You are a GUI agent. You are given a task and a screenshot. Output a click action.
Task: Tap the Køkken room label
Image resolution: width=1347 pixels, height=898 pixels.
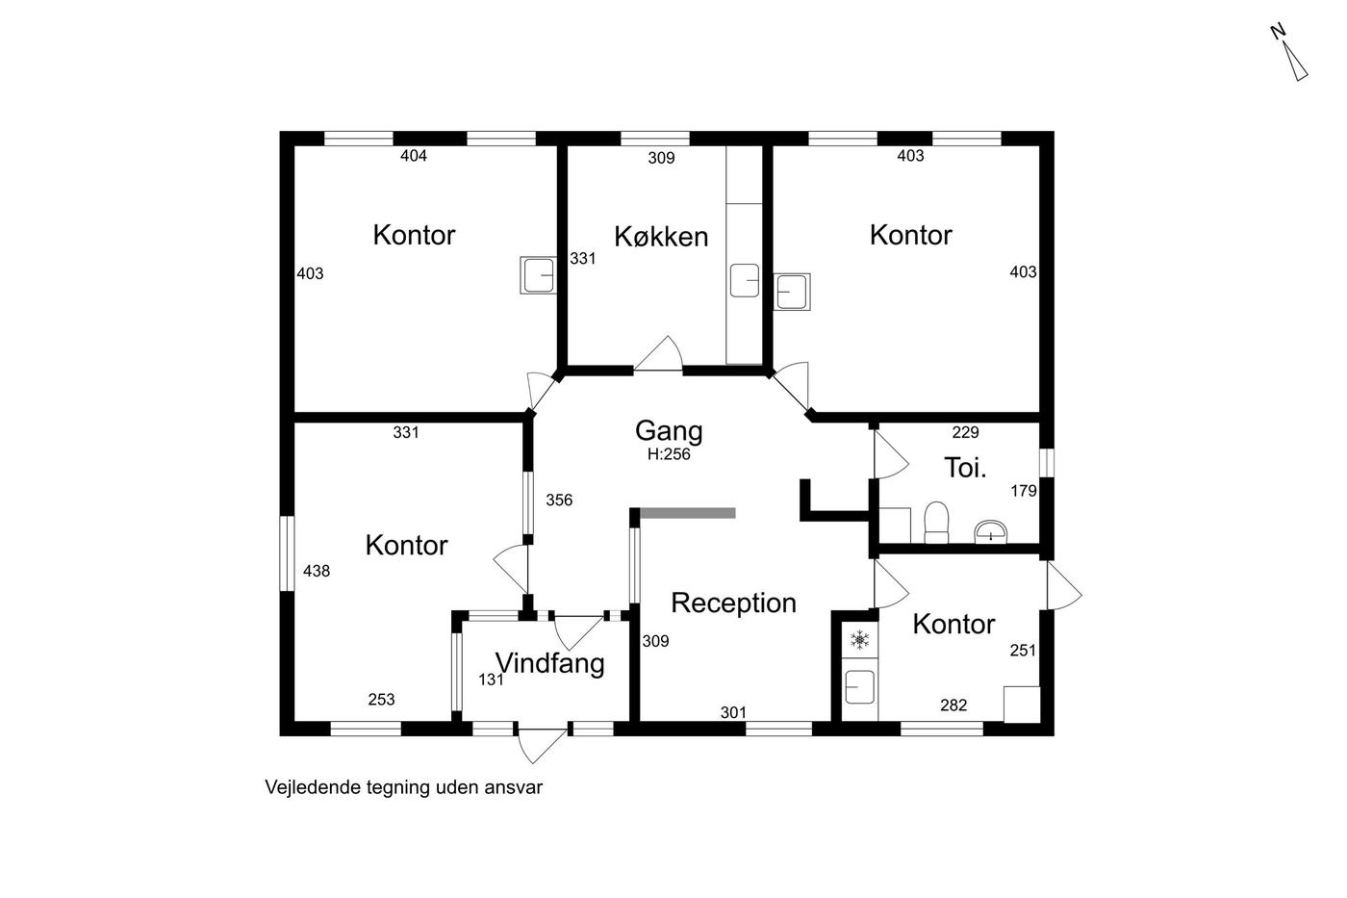[661, 237]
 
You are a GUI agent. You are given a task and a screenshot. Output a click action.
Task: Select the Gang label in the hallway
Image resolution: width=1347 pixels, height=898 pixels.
[669, 431]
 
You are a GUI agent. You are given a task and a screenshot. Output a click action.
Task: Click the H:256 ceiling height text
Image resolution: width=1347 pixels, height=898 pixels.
[669, 454]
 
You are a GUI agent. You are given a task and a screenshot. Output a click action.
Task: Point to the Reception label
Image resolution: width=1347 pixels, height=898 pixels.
[733, 603]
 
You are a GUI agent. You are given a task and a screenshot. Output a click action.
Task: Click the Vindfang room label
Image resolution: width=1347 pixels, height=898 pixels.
[550, 663]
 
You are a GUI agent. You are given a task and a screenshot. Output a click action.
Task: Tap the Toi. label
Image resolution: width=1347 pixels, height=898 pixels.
[965, 468]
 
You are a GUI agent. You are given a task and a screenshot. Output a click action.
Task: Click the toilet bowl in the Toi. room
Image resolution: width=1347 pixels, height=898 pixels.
[936, 523]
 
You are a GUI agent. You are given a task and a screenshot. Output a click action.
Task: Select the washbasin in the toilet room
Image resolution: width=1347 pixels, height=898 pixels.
[990, 532]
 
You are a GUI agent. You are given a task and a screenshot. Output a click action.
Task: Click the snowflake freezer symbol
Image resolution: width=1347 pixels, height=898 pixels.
[860, 640]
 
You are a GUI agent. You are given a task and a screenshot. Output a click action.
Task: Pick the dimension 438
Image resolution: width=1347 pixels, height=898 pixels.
[317, 571]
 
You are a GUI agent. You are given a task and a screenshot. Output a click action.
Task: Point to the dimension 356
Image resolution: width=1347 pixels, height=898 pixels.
[559, 500]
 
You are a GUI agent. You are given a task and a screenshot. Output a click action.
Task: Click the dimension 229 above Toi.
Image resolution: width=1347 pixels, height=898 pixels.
[966, 432]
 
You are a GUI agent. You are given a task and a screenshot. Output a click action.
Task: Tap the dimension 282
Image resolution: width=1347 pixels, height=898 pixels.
[953, 705]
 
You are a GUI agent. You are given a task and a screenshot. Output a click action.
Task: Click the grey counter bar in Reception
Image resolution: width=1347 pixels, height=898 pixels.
[687, 513]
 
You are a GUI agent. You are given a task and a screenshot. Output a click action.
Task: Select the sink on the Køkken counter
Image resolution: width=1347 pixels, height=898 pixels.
[745, 280]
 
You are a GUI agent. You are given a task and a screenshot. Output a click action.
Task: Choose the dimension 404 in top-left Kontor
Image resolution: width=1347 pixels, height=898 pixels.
[414, 156]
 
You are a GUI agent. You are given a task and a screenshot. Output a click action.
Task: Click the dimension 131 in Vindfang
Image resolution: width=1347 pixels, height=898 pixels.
[491, 680]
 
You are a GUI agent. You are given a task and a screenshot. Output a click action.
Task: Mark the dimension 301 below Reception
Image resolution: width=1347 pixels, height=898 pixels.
[733, 713]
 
